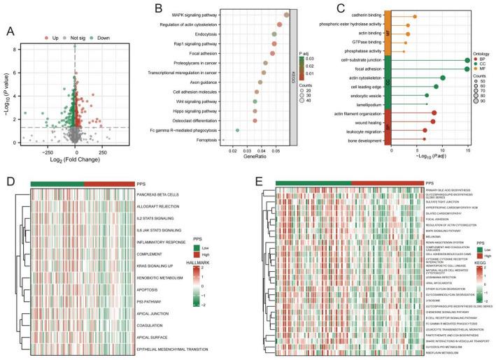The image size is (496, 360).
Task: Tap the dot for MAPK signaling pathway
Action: (287, 14)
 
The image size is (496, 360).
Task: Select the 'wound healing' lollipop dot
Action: (433, 122)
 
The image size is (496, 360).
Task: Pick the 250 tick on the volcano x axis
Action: (103, 151)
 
